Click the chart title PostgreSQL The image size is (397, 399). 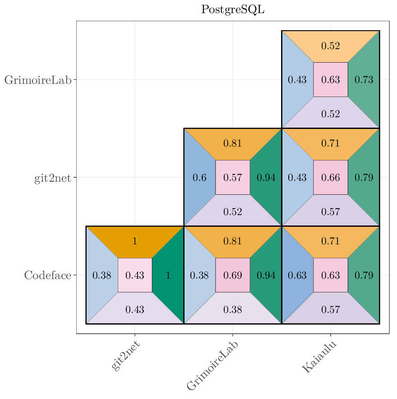tap(232, 9)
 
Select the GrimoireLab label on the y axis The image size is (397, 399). tap(38, 80)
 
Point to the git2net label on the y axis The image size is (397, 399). tap(52, 178)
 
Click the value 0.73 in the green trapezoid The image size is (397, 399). tap(364, 80)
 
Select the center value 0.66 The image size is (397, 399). tap(331, 178)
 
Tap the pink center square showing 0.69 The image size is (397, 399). tap(233, 275)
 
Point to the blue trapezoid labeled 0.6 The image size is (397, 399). tap(199, 178)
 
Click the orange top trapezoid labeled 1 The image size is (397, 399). tap(134, 241)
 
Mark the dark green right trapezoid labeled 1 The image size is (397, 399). tap(168, 275)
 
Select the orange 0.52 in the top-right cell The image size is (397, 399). tap(330, 46)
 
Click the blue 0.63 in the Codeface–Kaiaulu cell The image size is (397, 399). tap(297, 275)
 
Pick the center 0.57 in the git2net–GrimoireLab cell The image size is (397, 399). tap(233, 178)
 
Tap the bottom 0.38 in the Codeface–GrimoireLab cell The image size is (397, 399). tap(233, 309)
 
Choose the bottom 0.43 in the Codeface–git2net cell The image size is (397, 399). tap(134, 309)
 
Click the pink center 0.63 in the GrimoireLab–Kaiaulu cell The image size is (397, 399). tap(331, 80)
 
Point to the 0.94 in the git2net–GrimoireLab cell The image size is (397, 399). tap(266, 178)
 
